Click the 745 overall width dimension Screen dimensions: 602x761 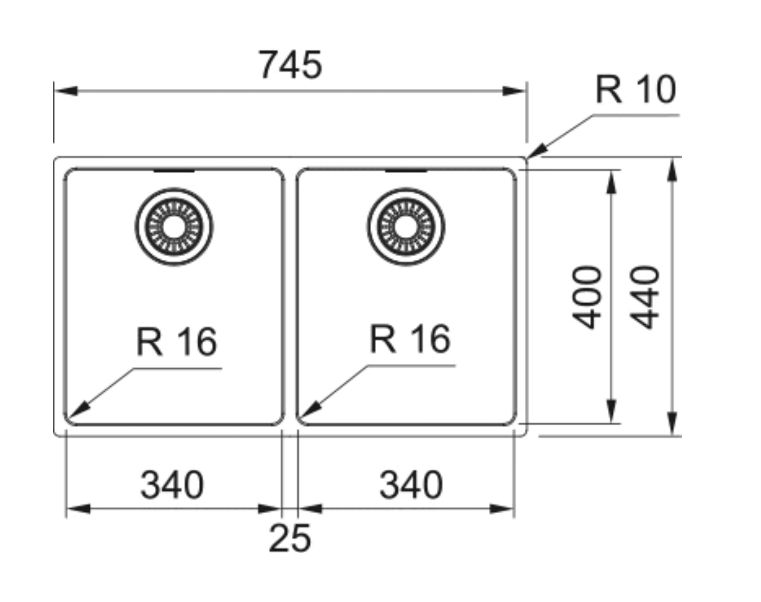tap(290, 65)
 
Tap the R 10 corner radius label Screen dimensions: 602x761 tap(635, 90)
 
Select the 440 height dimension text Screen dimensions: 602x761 tap(645, 297)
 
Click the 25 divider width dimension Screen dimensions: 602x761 tap(289, 538)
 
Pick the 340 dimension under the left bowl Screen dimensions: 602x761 tap(172, 485)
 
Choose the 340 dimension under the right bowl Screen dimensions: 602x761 tap(411, 485)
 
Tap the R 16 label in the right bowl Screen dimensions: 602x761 tap(410, 339)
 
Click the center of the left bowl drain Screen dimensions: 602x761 tap(174, 227)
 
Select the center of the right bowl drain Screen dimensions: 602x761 tap(406, 227)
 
